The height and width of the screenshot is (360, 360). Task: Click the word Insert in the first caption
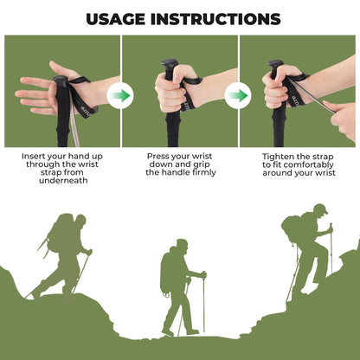pyautogui.click(x=36, y=157)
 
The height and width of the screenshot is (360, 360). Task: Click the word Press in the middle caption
pyautogui.click(x=160, y=157)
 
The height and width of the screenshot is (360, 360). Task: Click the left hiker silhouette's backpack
pyautogui.click(x=60, y=231)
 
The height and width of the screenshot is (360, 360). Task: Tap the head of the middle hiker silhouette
pyautogui.click(x=181, y=245)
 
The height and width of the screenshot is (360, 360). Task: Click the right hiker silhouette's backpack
pyautogui.click(x=292, y=228)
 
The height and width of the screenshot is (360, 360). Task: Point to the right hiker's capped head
pyautogui.click(x=320, y=210)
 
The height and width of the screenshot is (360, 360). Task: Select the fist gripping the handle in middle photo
pyautogui.click(x=168, y=90)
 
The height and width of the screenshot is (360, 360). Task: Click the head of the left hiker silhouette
pyautogui.click(x=80, y=221)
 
